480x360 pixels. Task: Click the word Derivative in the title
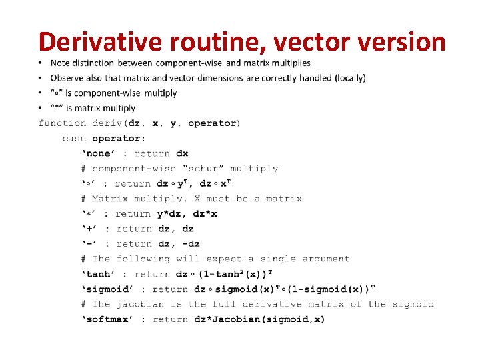tap(99, 41)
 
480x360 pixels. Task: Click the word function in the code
tap(63, 123)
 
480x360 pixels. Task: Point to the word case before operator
tap(75, 139)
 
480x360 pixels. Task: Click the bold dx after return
tap(182, 153)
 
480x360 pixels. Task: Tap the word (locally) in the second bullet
tap(346, 78)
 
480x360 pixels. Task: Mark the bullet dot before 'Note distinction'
tap(41, 63)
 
